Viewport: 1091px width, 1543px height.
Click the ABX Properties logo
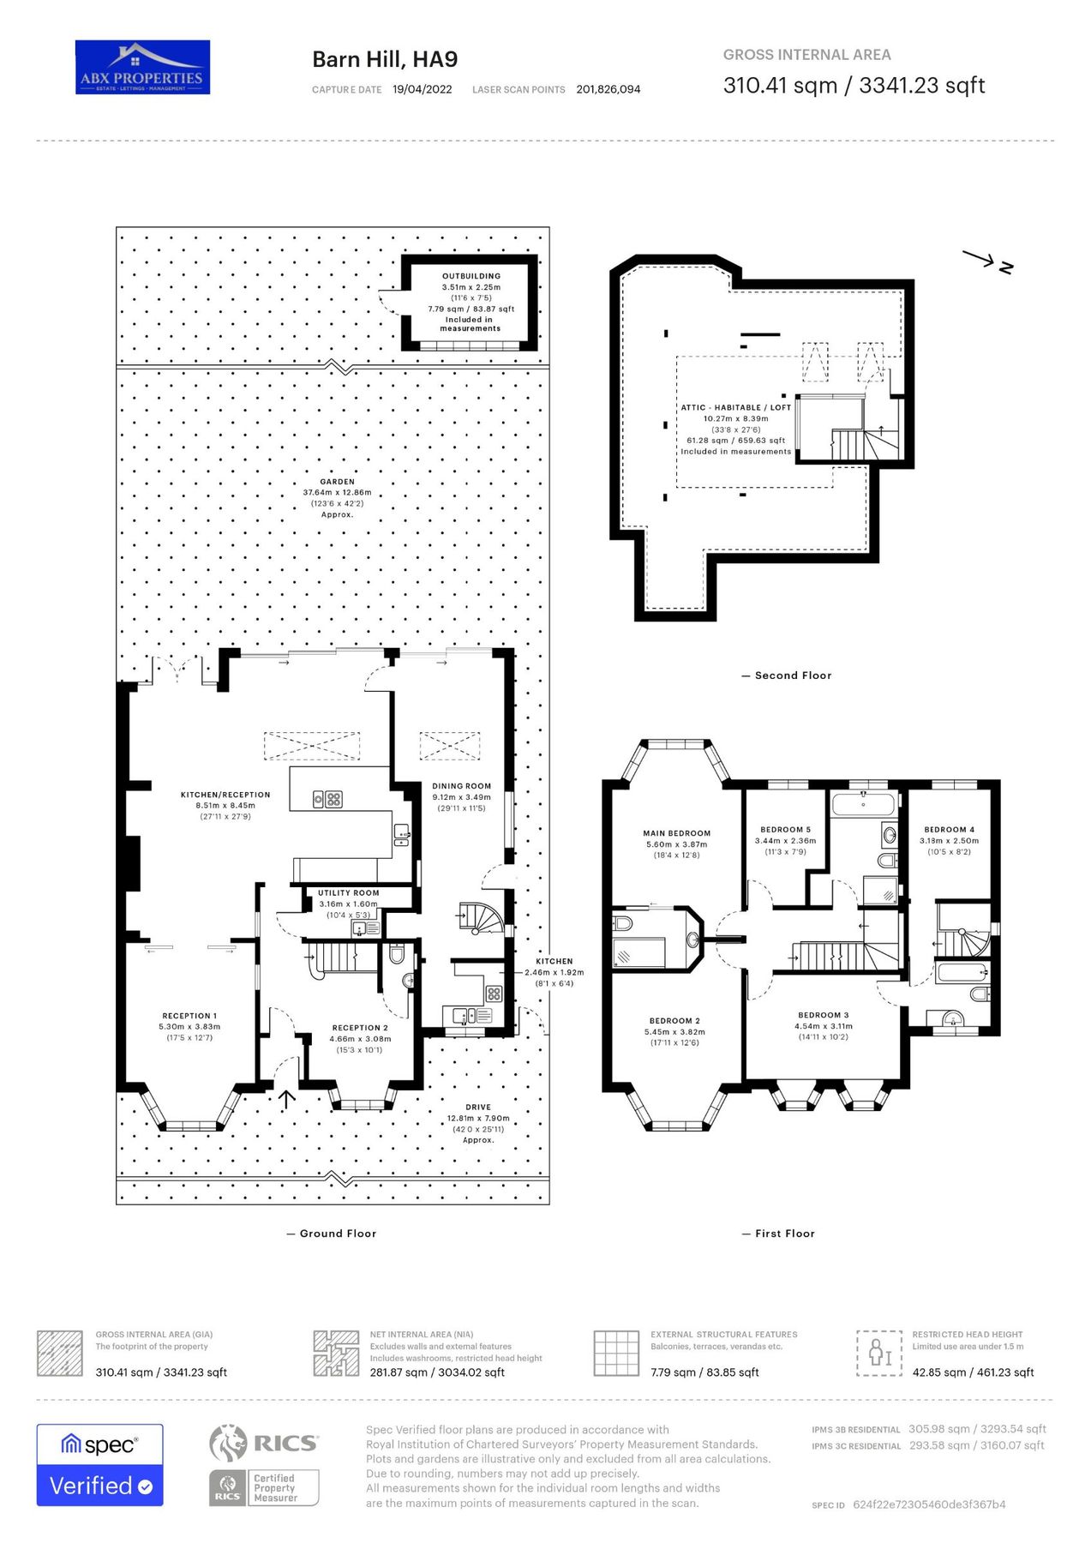click(142, 67)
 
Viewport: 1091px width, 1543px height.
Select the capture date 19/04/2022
click(422, 89)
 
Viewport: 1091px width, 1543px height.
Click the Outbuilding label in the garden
click(471, 276)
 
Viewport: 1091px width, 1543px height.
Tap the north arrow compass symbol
click(988, 261)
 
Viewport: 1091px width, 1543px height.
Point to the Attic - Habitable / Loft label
click(735, 408)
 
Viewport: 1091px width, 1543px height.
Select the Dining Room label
click(461, 786)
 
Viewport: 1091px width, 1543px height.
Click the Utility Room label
click(348, 892)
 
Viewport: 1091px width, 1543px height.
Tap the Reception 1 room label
click(189, 1016)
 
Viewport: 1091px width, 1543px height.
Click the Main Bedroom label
click(676, 833)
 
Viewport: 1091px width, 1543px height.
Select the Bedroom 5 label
click(785, 830)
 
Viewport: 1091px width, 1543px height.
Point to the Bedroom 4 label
click(949, 830)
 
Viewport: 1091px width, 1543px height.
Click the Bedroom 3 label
click(823, 1015)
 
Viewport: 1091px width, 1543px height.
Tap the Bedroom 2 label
click(674, 1021)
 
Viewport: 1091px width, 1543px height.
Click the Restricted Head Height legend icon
click(879, 1353)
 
